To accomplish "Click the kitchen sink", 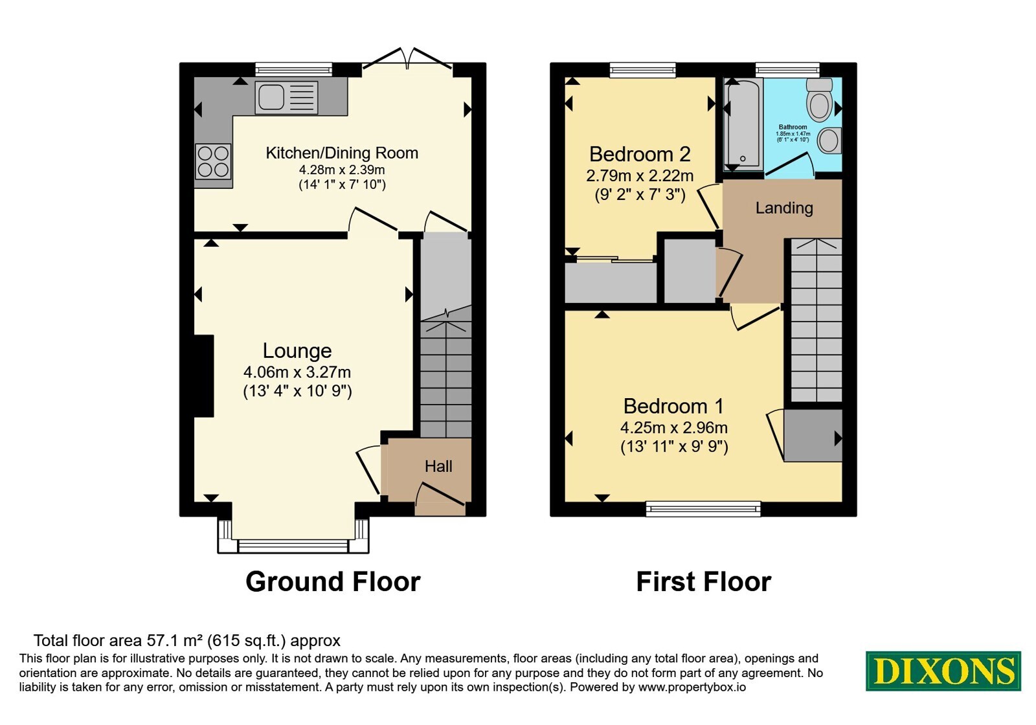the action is coord(286,98).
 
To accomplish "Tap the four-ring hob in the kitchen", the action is coord(213,161).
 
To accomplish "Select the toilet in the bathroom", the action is coord(819,100).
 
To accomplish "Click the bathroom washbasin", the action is coord(829,140).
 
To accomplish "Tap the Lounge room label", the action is coord(297,351).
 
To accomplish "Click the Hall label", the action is coord(438,466).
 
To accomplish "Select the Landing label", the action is coord(784,208).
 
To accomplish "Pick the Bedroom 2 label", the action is coord(640,154).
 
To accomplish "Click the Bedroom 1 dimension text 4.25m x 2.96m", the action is coord(674,428).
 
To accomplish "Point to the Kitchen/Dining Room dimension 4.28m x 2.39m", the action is coord(342,170).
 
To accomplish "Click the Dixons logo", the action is coord(943,671).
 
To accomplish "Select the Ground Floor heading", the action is coord(333,582).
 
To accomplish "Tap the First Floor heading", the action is coord(703,582).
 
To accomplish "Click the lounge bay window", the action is coord(293,546).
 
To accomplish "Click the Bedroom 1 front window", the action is coord(703,509).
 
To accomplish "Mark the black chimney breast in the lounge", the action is coord(204,376).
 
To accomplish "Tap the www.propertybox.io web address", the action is coord(692,687).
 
